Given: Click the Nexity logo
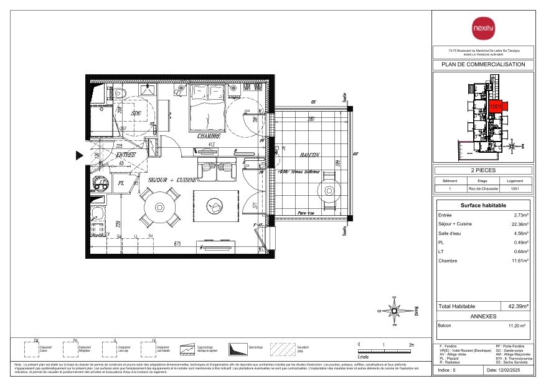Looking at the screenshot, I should (x=482, y=28).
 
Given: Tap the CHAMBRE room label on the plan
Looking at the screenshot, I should (x=209, y=136).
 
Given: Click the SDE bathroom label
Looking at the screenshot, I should (x=137, y=113).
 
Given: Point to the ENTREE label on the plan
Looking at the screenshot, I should (x=126, y=155).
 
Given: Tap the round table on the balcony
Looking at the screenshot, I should (x=328, y=191).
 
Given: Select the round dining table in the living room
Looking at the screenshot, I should (x=161, y=206).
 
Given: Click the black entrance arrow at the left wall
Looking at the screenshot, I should (x=80, y=156).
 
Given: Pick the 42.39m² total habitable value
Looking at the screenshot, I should (x=518, y=306).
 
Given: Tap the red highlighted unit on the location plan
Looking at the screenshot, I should (x=496, y=107).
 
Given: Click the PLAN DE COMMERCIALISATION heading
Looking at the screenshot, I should (x=482, y=64).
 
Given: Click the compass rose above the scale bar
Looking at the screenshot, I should (x=393, y=310).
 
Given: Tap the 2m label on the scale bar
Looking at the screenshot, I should (x=411, y=344).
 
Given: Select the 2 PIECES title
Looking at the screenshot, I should (x=482, y=170).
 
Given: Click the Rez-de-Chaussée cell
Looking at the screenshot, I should (x=482, y=188).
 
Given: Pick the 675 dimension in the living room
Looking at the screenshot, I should (x=177, y=244).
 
